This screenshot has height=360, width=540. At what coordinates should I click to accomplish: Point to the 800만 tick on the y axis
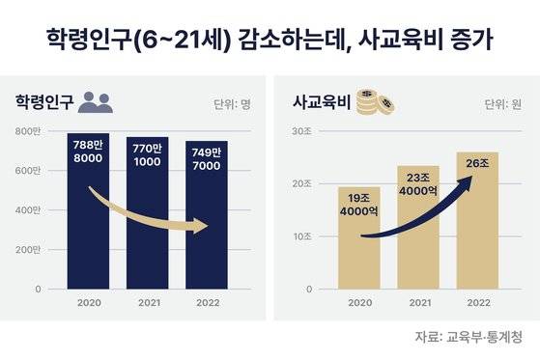click(29, 130)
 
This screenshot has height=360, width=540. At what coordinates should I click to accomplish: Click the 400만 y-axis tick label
click(29, 209)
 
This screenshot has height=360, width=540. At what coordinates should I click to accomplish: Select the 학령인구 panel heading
click(43, 100)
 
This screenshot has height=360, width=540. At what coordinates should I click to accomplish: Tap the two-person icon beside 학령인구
click(97, 99)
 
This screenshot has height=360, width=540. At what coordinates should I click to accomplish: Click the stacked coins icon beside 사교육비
click(368, 98)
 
